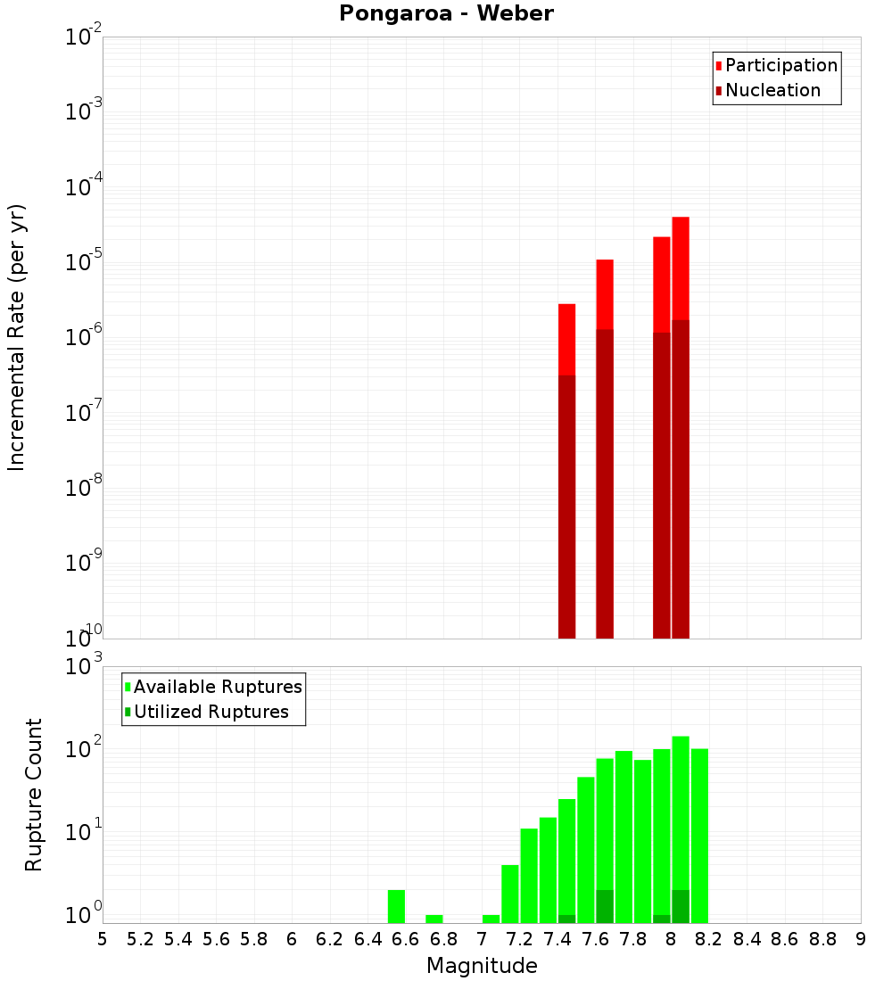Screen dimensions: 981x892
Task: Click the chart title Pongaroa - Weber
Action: point(446,13)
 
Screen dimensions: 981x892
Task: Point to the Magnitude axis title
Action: point(482,966)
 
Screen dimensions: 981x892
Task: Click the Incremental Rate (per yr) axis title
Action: point(17,337)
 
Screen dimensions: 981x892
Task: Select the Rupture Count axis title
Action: point(34,795)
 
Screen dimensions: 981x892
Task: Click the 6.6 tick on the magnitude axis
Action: point(406,939)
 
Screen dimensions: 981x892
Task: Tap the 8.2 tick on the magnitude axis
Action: point(709,939)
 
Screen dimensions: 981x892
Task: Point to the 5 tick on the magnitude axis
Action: point(103,939)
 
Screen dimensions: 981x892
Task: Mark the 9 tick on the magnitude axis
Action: point(861,939)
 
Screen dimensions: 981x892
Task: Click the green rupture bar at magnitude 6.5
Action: point(397,906)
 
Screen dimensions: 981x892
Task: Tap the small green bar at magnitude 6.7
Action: point(434,919)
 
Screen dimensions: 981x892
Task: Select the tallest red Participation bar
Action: point(681,268)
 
